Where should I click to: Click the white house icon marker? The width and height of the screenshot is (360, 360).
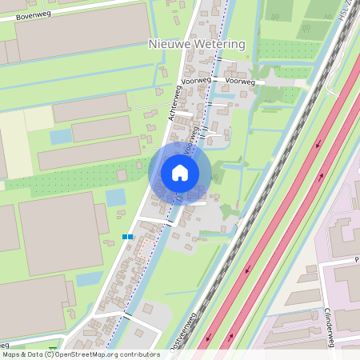[x=180, y=172]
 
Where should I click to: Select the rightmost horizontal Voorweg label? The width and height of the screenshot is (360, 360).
[x=240, y=82]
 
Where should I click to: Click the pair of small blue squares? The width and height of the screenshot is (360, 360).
[x=127, y=237]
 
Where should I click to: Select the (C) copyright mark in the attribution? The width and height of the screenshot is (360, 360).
[x=50, y=354]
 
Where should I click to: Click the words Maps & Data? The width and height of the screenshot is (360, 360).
[x=22, y=354]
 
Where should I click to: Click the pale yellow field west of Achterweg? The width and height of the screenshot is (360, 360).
[x=16, y=144]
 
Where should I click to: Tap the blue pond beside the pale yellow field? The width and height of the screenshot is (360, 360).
[x=61, y=137]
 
